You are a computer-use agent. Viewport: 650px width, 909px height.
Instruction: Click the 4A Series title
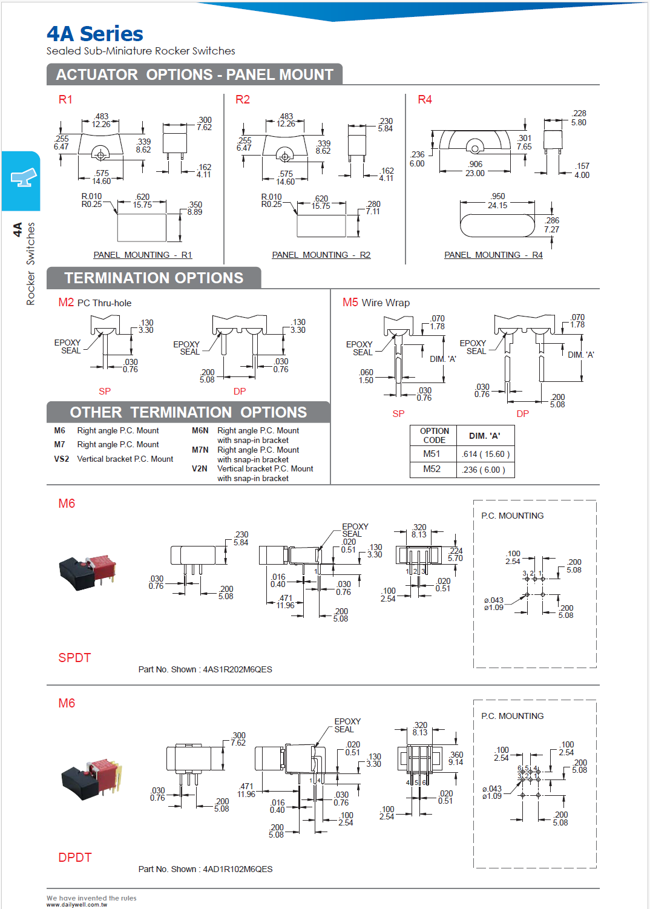(x=95, y=34)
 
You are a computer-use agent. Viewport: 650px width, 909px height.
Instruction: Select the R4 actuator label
(x=425, y=100)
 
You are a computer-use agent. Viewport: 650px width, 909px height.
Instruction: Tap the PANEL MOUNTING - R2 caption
(x=321, y=255)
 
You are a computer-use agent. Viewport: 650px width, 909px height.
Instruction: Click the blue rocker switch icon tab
(x=22, y=179)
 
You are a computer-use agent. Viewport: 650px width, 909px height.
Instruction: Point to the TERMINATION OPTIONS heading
(x=154, y=278)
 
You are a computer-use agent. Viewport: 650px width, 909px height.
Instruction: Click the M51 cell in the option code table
(x=432, y=454)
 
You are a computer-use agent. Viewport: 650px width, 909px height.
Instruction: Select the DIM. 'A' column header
(x=485, y=436)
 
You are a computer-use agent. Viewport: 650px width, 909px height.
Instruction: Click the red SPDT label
(x=74, y=658)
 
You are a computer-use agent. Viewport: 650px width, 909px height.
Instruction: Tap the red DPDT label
(x=75, y=858)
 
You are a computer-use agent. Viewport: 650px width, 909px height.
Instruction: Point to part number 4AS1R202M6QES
(x=237, y=669)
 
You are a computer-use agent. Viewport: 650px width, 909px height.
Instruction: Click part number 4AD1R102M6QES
(x=237, y=869)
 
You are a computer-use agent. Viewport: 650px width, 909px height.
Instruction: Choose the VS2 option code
(x=61, y=459)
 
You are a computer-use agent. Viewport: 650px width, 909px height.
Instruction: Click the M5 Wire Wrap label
(x=376, y=303)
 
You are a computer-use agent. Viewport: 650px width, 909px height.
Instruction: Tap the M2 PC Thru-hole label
(x=94, y=303)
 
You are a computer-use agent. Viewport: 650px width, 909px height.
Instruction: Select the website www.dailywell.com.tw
(x=77, y=905)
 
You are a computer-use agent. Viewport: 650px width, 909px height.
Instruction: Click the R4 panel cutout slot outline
(x=497, y=226)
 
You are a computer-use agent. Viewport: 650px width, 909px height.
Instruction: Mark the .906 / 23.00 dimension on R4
(x=475, y=168)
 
